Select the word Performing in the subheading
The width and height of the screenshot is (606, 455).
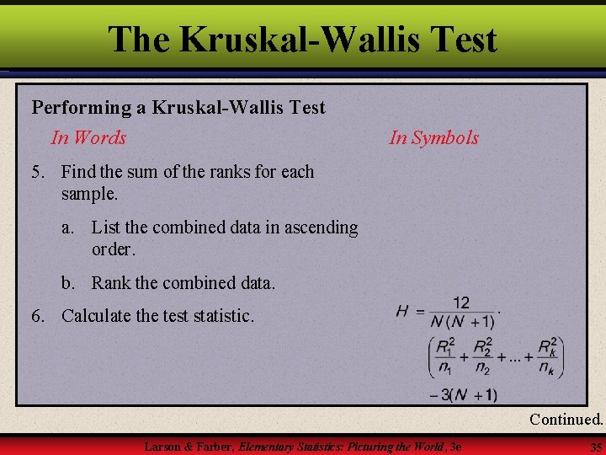click(x=77, y=108)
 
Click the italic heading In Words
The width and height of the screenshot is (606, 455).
click(x=88, y=137)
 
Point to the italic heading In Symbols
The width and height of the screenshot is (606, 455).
click(x=433, y=137)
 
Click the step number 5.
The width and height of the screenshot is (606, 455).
click(x=37, y=172)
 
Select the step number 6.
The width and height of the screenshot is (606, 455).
click(x=37, y=316)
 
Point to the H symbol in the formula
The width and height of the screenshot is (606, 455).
click(x=402, y=311)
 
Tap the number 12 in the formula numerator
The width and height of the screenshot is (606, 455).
click(x=461, y=302)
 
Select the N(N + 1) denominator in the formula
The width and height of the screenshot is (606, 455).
click(x=462, y=320)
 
